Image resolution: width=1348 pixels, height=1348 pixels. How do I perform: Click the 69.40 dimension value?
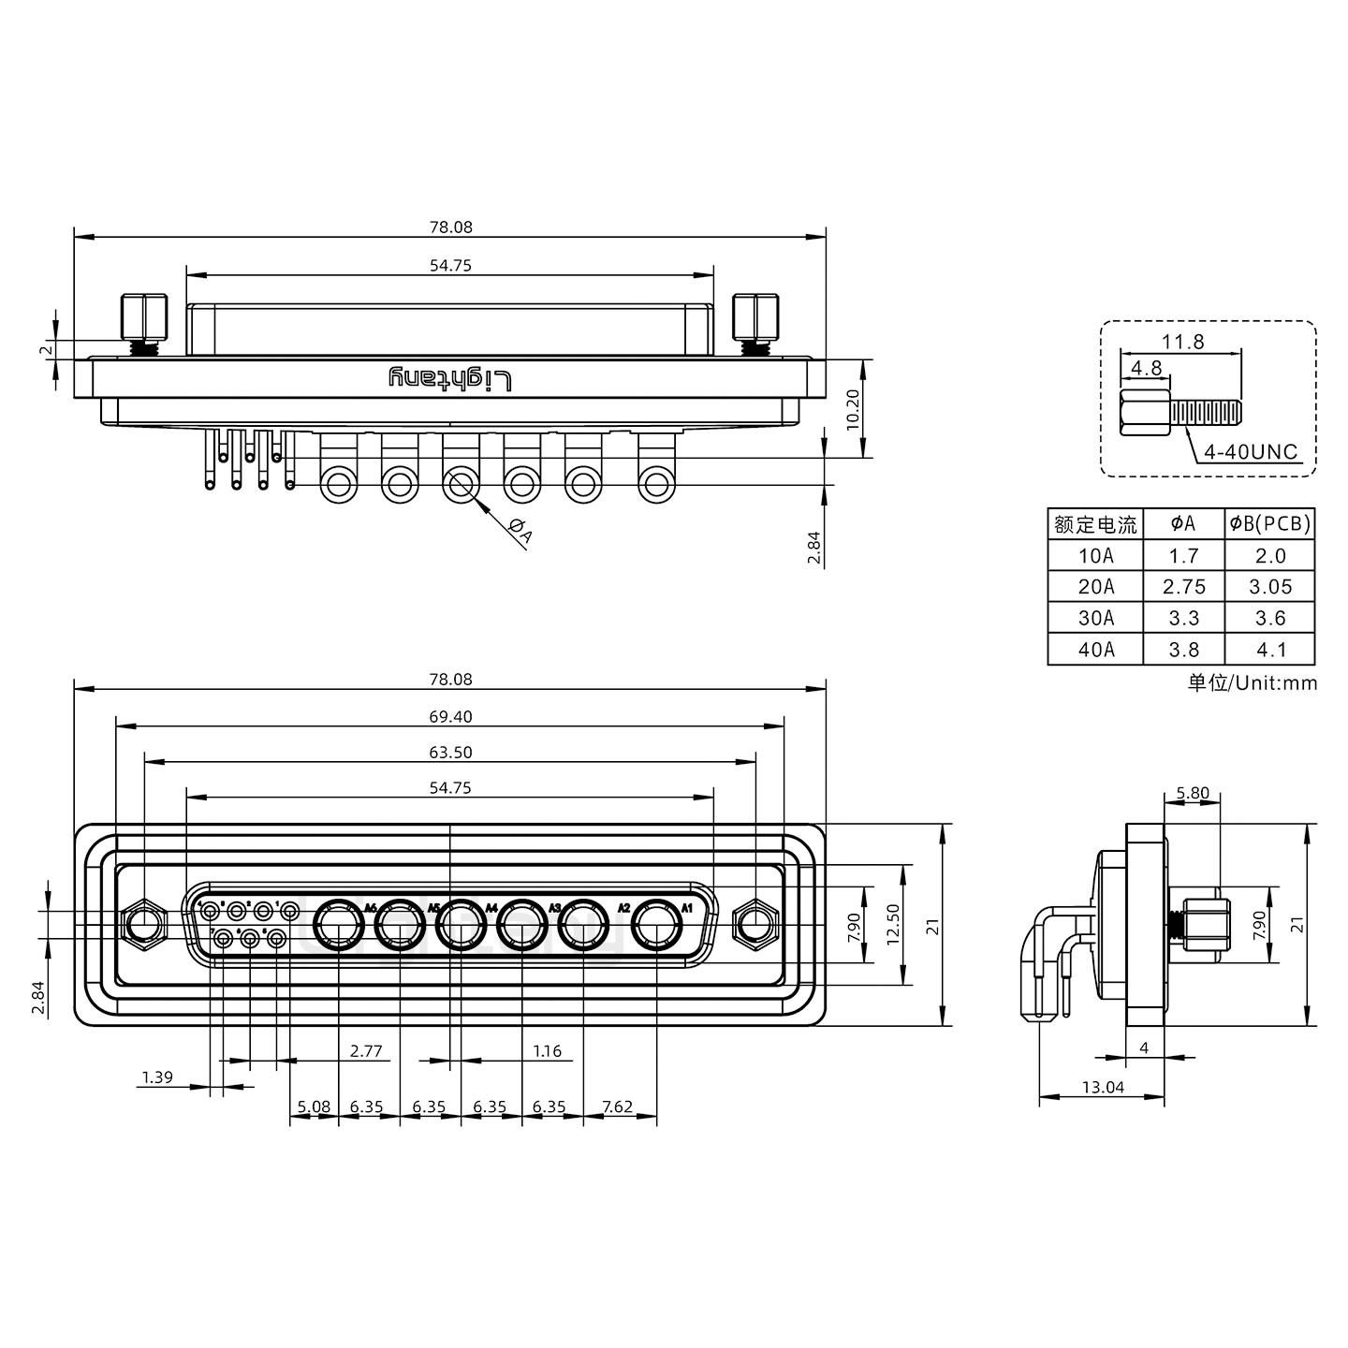(x=450, y=717)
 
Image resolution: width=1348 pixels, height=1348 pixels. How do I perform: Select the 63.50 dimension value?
(x=450, y=753)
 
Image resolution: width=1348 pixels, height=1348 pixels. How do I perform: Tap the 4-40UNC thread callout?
(x=1251, y=453)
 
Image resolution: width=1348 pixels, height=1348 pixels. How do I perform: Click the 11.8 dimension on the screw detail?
(x=1183, y=342)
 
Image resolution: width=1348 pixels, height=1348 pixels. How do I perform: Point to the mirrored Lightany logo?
(x=450, y=379)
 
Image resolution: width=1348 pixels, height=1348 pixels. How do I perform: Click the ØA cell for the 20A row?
(x=1183, y=587)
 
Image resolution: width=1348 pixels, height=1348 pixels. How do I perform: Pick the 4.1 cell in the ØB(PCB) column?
(x=1269, y=650)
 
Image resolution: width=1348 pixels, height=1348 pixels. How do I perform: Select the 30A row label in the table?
(x=1095, y=619)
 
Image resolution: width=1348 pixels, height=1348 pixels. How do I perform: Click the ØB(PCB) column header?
(x=1269, y=524)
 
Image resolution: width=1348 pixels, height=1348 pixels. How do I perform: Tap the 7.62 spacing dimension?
(x=617, y=1106)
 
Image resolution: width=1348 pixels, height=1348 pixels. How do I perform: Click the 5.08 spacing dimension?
(x=314, y=1106)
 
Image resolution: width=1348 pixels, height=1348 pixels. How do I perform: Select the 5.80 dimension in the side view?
(x=1192, y=794)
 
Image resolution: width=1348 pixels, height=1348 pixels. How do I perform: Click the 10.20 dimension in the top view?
(x=851, y=409)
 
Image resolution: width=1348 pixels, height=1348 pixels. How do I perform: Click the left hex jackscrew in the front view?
(x=144, y=926)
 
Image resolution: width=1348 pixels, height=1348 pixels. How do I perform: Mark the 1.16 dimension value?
(x=547, y=1051)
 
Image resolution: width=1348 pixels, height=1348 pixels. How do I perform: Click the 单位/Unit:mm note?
(x=1252, y=682)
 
